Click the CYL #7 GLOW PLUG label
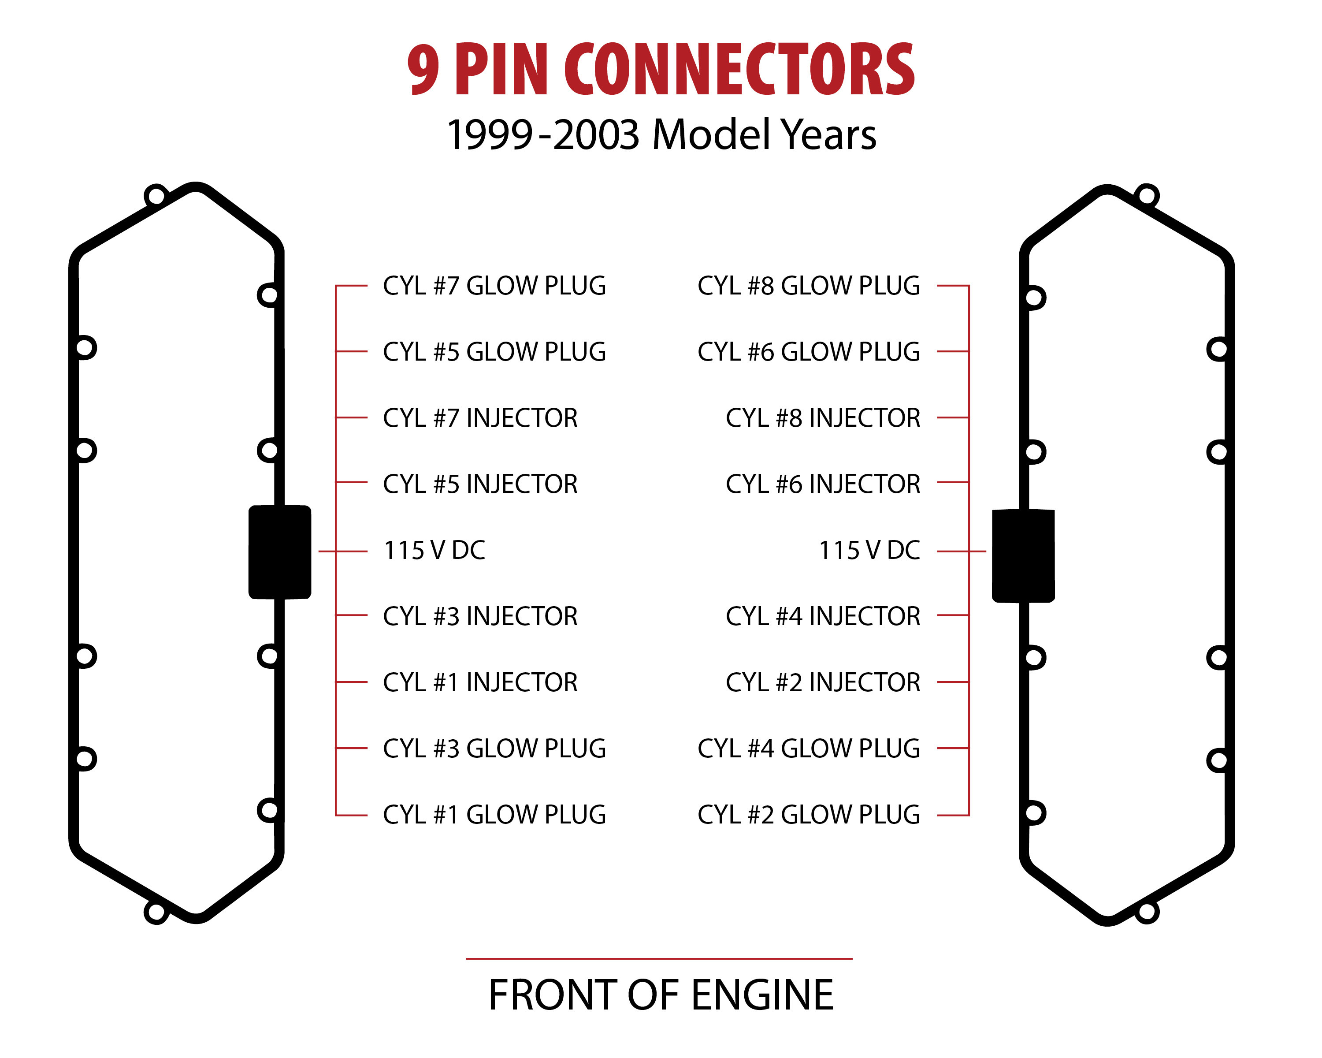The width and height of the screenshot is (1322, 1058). coord(494,286)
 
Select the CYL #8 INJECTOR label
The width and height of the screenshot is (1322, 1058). coord(823,418)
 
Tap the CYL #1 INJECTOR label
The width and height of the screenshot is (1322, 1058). coord(480,683)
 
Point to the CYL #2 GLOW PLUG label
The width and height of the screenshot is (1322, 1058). coord(809,815)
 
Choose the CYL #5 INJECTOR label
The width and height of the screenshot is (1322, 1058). coord(480,484)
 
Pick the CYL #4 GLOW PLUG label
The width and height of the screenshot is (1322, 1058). coord(809,749)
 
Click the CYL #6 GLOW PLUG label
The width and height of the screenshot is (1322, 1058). coord(809,352)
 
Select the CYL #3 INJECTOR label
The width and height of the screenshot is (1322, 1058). coord(480,616)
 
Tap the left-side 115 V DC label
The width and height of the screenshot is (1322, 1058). coord(434,551)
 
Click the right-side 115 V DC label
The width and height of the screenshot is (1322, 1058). coord(869,551)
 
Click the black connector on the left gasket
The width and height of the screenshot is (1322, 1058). coord(280,552)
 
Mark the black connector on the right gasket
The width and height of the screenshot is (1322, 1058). coord(1023,556)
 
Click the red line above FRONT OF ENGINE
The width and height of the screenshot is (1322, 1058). coord(659,958)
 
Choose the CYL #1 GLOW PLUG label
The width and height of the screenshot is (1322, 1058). coord(494,815)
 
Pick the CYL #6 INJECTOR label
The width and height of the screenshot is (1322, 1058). coord(823,484)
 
